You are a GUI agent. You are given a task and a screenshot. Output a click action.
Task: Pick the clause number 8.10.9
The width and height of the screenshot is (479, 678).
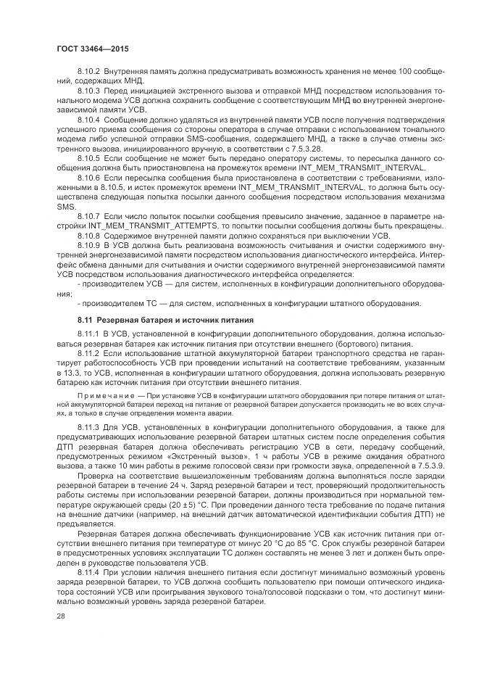click(x=88, y=246)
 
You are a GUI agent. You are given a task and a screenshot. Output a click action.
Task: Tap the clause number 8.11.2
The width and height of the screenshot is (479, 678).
click(x=88, y=353)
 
